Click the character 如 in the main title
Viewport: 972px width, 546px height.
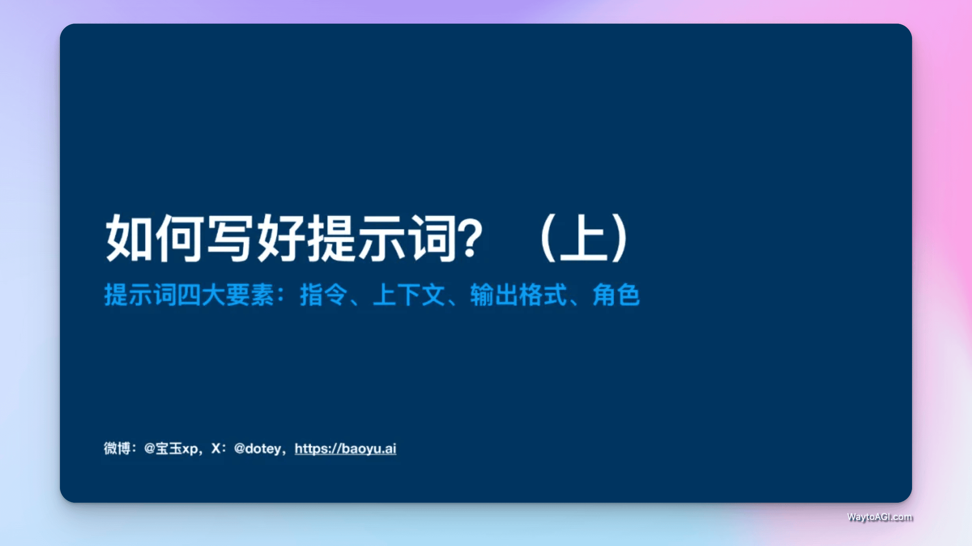tap(129, 238)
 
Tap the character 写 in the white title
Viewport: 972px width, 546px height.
tap(230, 238)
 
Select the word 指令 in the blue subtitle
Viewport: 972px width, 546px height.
tap(323, 295)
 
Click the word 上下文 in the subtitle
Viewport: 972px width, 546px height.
tap(409, 295)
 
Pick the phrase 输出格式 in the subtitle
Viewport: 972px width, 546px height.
tap(518, 295)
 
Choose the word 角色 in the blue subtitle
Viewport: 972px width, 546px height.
tap(616, 295)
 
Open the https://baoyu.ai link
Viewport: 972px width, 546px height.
tap(345, 449)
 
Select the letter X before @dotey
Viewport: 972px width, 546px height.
tap(216, 449)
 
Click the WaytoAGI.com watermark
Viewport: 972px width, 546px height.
tap(880, 517)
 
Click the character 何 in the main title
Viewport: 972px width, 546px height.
tap(180, 238)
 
